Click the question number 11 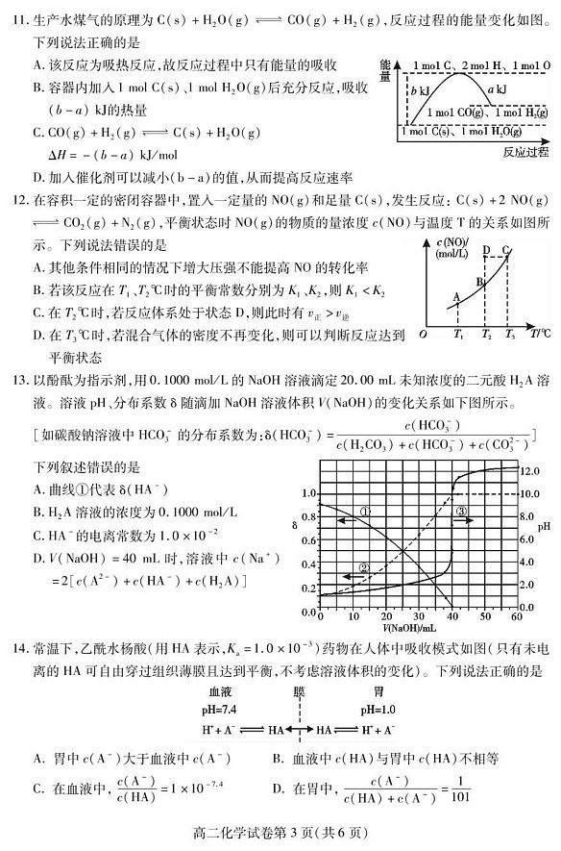(16, 14)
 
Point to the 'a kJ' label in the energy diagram (498, 89)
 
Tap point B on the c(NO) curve (480, 282)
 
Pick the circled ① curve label (364, 512)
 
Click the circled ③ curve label (461, 512)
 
